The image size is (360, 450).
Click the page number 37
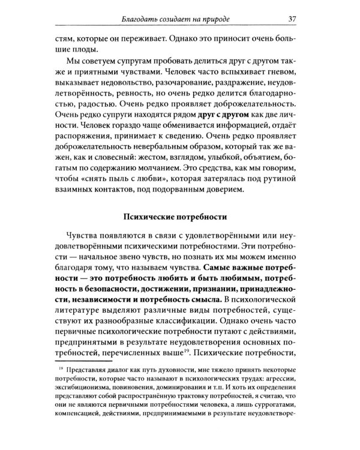point(293,18)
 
